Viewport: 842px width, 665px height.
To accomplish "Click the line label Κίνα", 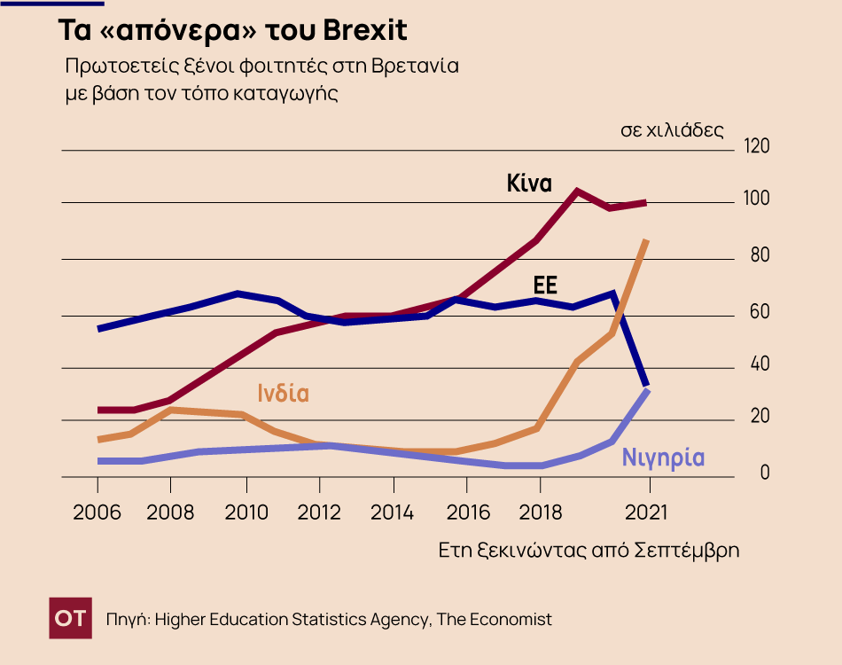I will [529, 184].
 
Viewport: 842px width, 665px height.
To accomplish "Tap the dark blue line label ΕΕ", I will [545, 286].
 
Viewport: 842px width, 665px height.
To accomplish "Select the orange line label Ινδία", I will [284, 393].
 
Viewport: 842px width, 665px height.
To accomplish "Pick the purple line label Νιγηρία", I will [663, 458].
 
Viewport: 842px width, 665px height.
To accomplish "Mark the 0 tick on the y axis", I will [765, 474].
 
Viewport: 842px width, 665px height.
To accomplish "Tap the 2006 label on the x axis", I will [97, 512].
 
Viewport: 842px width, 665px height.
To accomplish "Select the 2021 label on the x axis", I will [651, 512].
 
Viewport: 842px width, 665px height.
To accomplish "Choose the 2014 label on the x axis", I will [393, 512].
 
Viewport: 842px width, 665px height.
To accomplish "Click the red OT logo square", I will [70, 618].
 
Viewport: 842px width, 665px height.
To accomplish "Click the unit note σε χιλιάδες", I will [672, 130].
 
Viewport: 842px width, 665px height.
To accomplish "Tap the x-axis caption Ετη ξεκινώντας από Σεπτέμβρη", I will [589, 550].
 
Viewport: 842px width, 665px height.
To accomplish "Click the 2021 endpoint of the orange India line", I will [646, 241].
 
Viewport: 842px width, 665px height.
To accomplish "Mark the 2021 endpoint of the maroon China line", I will [645, 202].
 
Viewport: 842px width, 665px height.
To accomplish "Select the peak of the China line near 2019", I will [577, 191].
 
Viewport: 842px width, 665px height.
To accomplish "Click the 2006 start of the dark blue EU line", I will [98, 329].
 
